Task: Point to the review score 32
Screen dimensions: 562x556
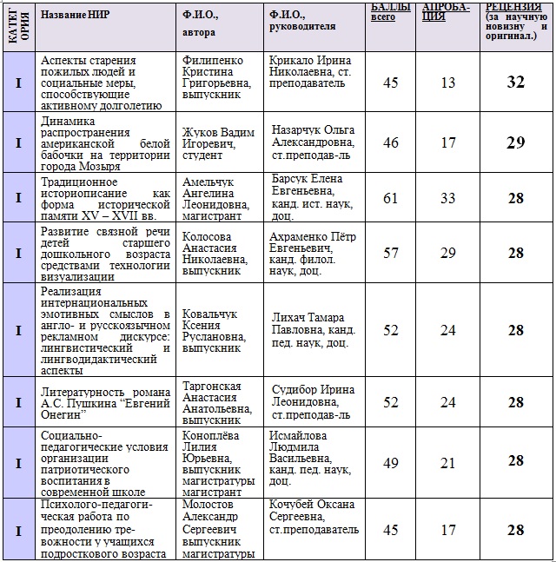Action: (516, 83)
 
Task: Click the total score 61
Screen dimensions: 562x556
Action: (391, 198)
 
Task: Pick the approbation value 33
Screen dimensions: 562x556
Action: (448, 198)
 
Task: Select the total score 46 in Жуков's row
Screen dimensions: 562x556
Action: (391, 142)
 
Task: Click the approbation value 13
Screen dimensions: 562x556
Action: (448, 83)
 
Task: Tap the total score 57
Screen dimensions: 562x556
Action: (391, 253)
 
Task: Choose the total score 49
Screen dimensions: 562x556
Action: (391, 460)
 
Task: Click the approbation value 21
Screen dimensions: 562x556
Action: (448, 460)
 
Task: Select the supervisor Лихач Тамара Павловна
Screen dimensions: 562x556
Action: (313, 330)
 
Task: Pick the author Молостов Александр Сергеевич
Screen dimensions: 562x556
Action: (218, 529)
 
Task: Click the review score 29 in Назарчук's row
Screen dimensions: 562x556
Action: (516, 142)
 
